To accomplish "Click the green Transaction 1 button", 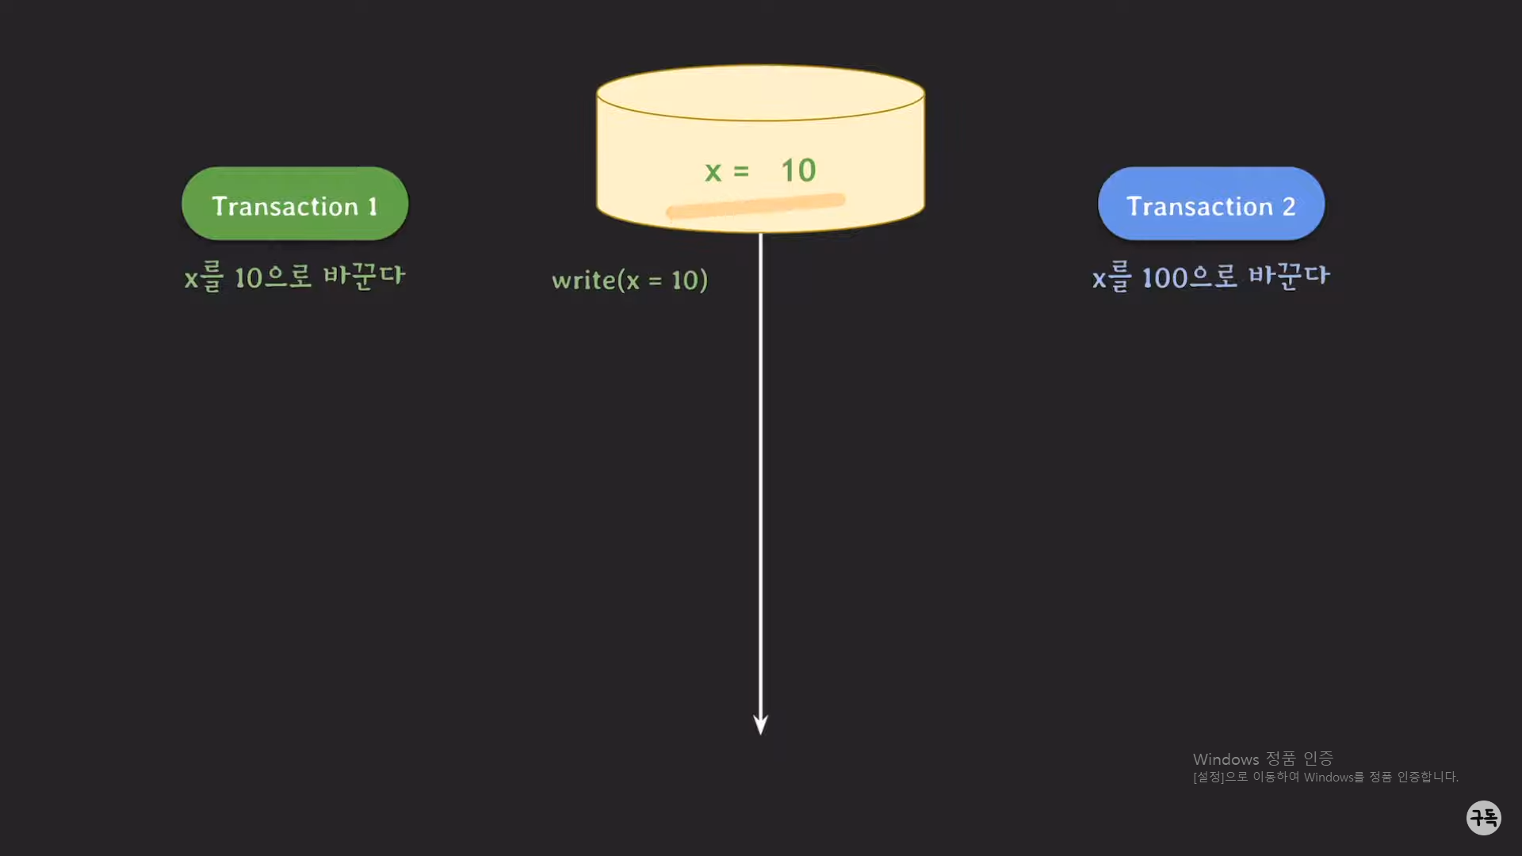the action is (295, 204).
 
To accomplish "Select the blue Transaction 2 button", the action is (1210, 204).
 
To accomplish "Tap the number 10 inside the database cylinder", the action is (798, 170).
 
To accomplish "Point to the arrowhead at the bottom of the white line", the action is (760, 724).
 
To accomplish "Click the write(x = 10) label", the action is (629, 280).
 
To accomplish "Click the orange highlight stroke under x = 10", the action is (755, 205).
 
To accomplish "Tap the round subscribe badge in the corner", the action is (1483, 817).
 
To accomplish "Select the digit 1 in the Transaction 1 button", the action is (373, 207).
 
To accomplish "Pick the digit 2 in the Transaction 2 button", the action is (1289, 207).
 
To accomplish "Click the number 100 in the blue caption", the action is (1164, 278).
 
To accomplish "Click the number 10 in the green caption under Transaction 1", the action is (248, 278).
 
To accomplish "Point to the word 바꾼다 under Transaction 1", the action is (365, 277).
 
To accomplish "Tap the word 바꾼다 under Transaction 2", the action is (1289, 277).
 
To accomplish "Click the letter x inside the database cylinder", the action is (713, 172).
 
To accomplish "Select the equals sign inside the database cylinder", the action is (741, 171).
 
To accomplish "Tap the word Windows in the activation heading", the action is (1226, 759).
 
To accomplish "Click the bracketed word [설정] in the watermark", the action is (1208, 777).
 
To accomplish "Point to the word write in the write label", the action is (583, 280).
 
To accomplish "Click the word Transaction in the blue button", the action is (1199, 207).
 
